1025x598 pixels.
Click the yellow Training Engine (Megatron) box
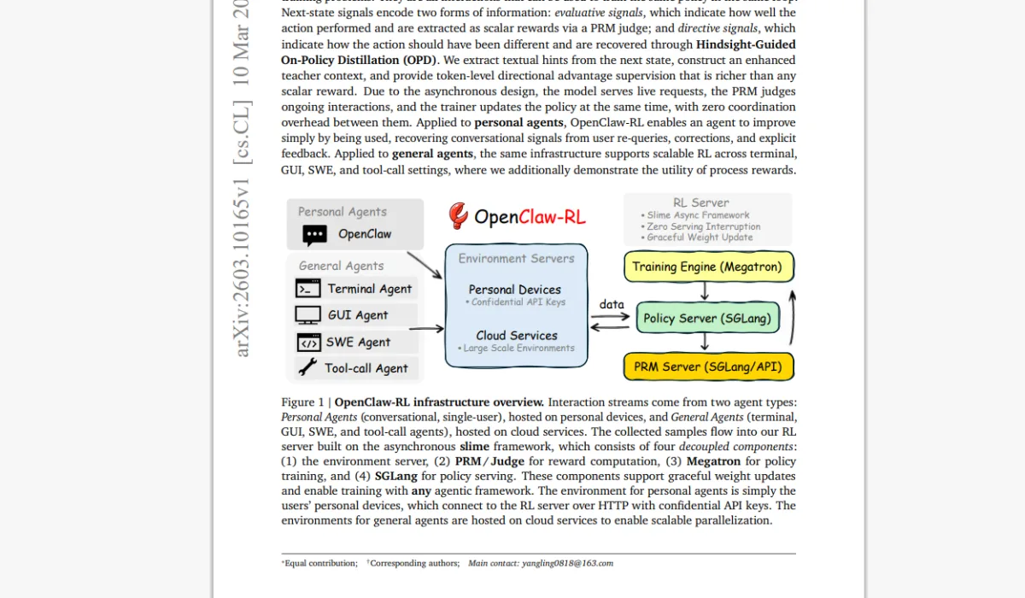click(x=708, y=267)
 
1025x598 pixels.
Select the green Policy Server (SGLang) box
click(x=707, y=318)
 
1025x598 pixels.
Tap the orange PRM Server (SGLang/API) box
click(x=708, y=367)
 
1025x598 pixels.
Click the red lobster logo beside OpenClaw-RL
click(x=459, y=216)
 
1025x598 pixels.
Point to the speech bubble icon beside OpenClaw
click(x=315, y=234)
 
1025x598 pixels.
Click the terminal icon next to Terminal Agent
click(x=307, y=289)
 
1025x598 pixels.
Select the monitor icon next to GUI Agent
click(x=307, y=315)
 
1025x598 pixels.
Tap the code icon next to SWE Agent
click(x=307, y=343)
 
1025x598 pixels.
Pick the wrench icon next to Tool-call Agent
click(x=307, y=368)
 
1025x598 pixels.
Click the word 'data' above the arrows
click(x=612, y=304)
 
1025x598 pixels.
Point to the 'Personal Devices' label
click(x=515, y=290)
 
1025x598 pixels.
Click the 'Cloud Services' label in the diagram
click(x=517, y=336)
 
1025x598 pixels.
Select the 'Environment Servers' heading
click(x=516, y=258)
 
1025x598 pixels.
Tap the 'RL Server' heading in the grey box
click(x=700, y=202)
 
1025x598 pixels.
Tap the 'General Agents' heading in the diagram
click(x=341, y=266)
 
